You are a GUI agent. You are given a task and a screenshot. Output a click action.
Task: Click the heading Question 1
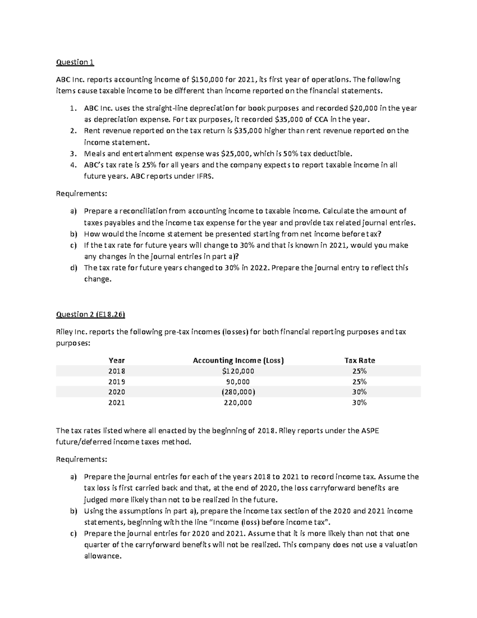pos(75,62)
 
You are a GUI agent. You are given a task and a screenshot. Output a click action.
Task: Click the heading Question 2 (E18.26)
pos(91,314)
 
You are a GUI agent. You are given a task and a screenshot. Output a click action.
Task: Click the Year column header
pos(116,361)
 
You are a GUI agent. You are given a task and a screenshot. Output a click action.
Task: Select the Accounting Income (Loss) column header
pos(238,361)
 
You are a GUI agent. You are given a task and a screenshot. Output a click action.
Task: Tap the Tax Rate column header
pos(359,361)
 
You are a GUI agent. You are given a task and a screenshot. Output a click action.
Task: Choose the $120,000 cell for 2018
pos(238,371)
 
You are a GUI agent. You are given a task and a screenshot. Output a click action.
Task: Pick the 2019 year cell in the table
pos(116,382)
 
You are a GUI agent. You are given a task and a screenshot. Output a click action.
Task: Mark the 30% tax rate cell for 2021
pos(359,402)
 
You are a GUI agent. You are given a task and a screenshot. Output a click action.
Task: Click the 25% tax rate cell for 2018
pos(359,371)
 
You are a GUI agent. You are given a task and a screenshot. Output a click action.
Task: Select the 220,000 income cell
pos(238,402)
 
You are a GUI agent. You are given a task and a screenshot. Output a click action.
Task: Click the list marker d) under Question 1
pos(74,268)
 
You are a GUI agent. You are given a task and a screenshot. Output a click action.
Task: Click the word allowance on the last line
pos(102,556)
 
